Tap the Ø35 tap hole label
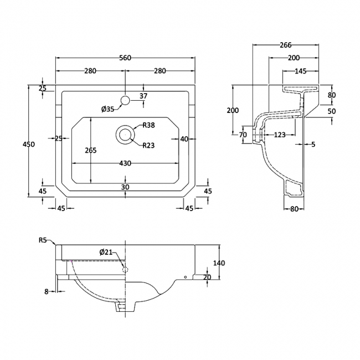tap(107, 109)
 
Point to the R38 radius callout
tap(148, 126)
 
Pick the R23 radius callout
tap(148, 145)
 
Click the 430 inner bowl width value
tap(125, 163)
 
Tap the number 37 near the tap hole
tap(143, 96)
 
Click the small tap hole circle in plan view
tap(125, 100)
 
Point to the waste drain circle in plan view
tap(125, 135)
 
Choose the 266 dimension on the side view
tap(286, 45)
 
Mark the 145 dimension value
tap(301, 71)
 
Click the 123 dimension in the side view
tap(279, 135)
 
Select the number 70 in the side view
tap(243, 135)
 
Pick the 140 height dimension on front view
tap(219, 264)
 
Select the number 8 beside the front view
tap(48, 290)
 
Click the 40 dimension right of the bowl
tap(184, 139)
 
